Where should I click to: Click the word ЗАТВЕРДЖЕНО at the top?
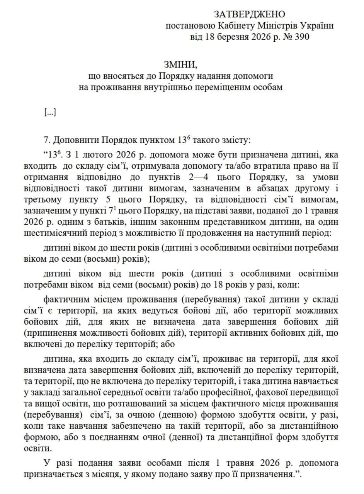249,15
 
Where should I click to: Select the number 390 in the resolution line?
300,37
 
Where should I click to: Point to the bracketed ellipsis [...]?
50,112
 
